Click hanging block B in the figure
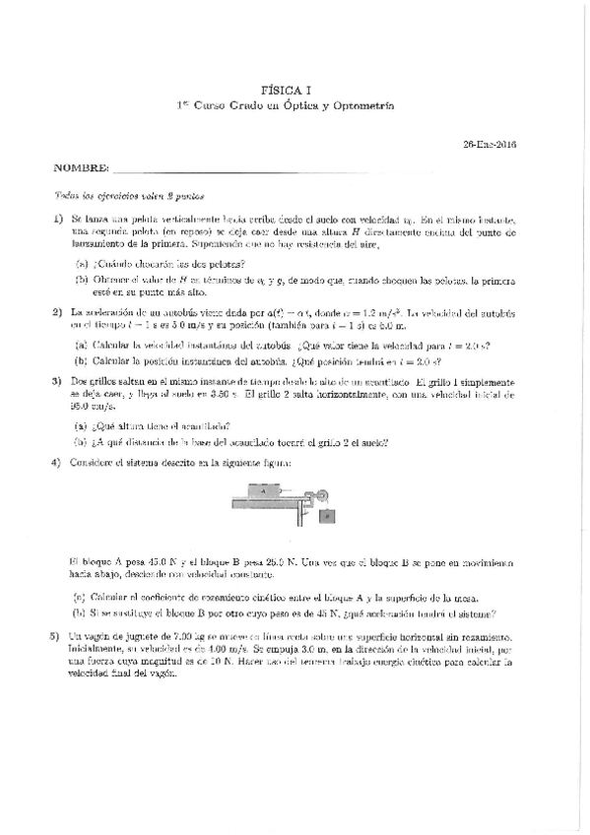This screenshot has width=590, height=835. (x=327, y=516)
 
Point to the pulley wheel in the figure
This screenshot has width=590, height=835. (x=322, y=493)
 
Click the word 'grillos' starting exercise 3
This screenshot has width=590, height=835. (x=99, y=380)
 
